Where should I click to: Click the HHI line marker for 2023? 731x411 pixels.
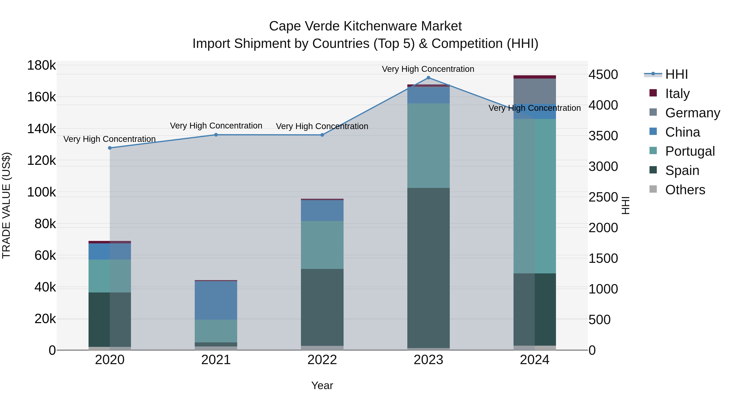(428, 78)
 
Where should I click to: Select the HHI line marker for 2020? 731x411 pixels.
(110, 148)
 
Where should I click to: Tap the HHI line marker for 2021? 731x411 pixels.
(216, 135)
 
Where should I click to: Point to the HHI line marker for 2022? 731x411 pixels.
(322, 135)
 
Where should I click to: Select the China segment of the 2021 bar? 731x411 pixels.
(216, 300)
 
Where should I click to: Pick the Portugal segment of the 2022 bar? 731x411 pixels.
(322, 245)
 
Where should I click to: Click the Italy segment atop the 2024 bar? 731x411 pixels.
(535, 77)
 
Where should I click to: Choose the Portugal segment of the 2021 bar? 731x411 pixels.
(216, 331)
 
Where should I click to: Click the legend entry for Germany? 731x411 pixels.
(692, 113)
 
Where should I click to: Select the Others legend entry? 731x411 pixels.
(685, 190)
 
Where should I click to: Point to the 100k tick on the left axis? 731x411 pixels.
(41, 192)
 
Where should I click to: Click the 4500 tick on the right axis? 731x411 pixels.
(603, 75)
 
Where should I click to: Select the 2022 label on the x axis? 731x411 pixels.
(322, 360)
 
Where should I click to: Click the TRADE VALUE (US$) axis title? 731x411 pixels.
(6, 205)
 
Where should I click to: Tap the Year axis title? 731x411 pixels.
(322, 385)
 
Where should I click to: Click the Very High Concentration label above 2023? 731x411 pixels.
(428, 69)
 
